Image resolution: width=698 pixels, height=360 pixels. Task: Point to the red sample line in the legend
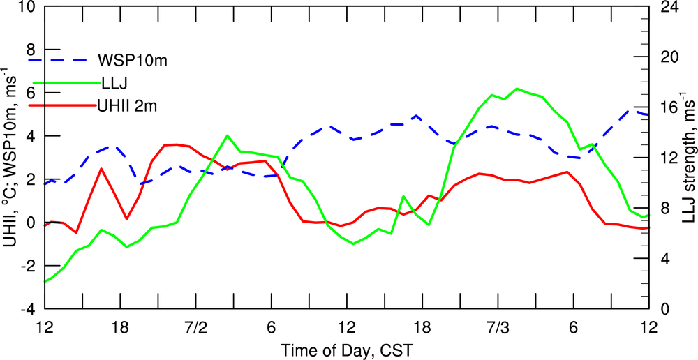(x=61, y=105)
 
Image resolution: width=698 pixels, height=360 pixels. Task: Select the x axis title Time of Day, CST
(x=346, y=348)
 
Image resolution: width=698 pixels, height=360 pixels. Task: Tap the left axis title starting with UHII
(x=10, y=158)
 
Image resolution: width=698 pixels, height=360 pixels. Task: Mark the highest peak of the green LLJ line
(x=517, y=89)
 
